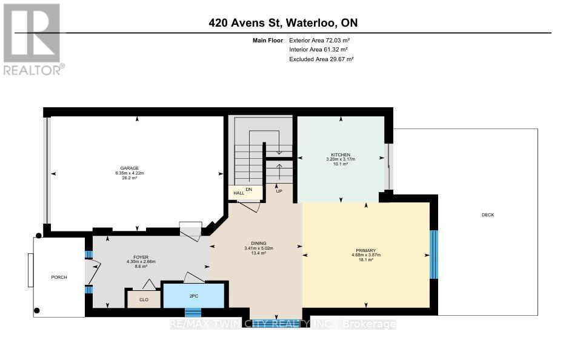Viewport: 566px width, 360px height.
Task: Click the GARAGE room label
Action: pyautogui.click(x=130, y=168)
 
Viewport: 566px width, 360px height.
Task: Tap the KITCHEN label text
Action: pyautogui.click(x=341, y=155)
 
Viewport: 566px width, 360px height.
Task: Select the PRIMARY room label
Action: pyautogui.click(x=365, y=250)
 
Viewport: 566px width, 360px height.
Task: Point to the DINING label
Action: pyautogui.click(x=258, y=244)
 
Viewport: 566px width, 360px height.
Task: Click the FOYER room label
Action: pyautogui.click(x=141, y=258)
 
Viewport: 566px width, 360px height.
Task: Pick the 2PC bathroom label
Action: pyautogui.click(x=194, y=296)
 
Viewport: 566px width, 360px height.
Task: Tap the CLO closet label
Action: pyautogui.click(x=144, y=300)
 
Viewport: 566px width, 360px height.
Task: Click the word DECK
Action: pyautogui.click(x=488, y=215)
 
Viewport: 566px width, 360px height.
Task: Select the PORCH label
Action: pyautogui.click(x=59, y=278)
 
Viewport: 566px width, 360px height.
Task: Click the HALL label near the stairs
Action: pyautogui.click(x=239, y=193)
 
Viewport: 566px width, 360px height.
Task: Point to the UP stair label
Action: pyautogui.click(x=279, y=191)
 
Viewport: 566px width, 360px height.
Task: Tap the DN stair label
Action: pyautogui.click(x=248, y=190)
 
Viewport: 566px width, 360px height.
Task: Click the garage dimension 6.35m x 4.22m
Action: pyautogui.click(x=130, y=173)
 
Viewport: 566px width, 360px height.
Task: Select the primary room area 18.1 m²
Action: pyautogui.click(x=365, y=259)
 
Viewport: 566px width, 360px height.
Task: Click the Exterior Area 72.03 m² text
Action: pyautogui.click(x=319, y=41)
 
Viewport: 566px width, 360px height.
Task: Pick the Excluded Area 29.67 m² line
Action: pyautogui.click(x=321, y=59)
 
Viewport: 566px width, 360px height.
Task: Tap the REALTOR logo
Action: pyautogui.click(x=33, y=39)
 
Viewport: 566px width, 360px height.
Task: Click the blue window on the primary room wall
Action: pyautogui.click(x=433, y=255)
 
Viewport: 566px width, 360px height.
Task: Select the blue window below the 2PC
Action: pyautogui.click(x=193, y=312)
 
